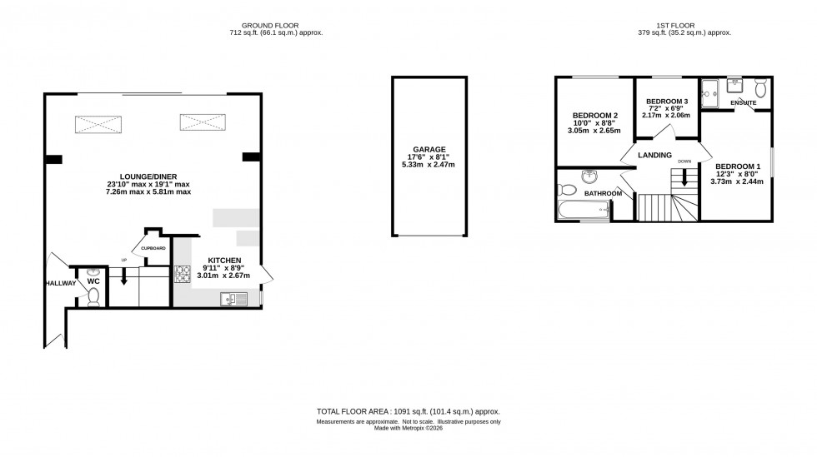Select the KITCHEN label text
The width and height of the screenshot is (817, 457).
click(224, 261)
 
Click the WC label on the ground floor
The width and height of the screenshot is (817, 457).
click(93, 281)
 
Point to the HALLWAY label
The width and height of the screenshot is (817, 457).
click(60, 283)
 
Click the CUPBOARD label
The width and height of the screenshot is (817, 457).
click(153, 248)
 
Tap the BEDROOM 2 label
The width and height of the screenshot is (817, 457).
click(594, 115)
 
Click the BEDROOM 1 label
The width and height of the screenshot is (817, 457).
click(738, 165)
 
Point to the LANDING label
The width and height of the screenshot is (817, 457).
click(655, 155)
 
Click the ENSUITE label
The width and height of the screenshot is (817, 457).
click(744, 103)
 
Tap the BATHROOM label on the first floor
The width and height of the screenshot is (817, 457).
click(603, 194)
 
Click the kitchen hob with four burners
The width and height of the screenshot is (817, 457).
click(183, 272)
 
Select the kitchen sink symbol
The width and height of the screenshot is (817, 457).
click(231, 298)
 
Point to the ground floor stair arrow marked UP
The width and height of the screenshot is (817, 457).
click(123, 275)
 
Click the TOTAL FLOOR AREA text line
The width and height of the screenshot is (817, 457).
click(408, 411)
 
